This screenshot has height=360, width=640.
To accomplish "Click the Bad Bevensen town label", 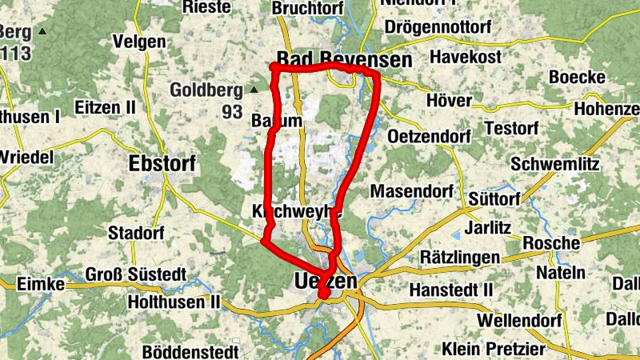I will [344, 60].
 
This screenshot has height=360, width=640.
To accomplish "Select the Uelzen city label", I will [325, 282].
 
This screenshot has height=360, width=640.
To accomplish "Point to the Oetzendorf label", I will [429, 137].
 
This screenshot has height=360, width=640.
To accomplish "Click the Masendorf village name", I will [412, 191].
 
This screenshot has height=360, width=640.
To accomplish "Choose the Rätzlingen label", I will [460, 258].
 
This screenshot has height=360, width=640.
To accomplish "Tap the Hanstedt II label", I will [451, 289].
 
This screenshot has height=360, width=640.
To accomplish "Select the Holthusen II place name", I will [174, 303].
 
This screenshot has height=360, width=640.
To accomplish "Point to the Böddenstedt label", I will [191, 351].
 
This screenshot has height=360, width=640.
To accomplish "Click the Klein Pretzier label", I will [494, 349].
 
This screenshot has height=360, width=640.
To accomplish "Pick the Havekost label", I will [466, 57].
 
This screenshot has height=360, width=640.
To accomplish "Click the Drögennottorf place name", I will [438, 28].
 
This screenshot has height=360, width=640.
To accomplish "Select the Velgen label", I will [140, 41].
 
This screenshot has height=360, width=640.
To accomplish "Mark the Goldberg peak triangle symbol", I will [254, 90].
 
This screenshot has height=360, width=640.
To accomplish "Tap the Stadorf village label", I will [136, 234].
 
